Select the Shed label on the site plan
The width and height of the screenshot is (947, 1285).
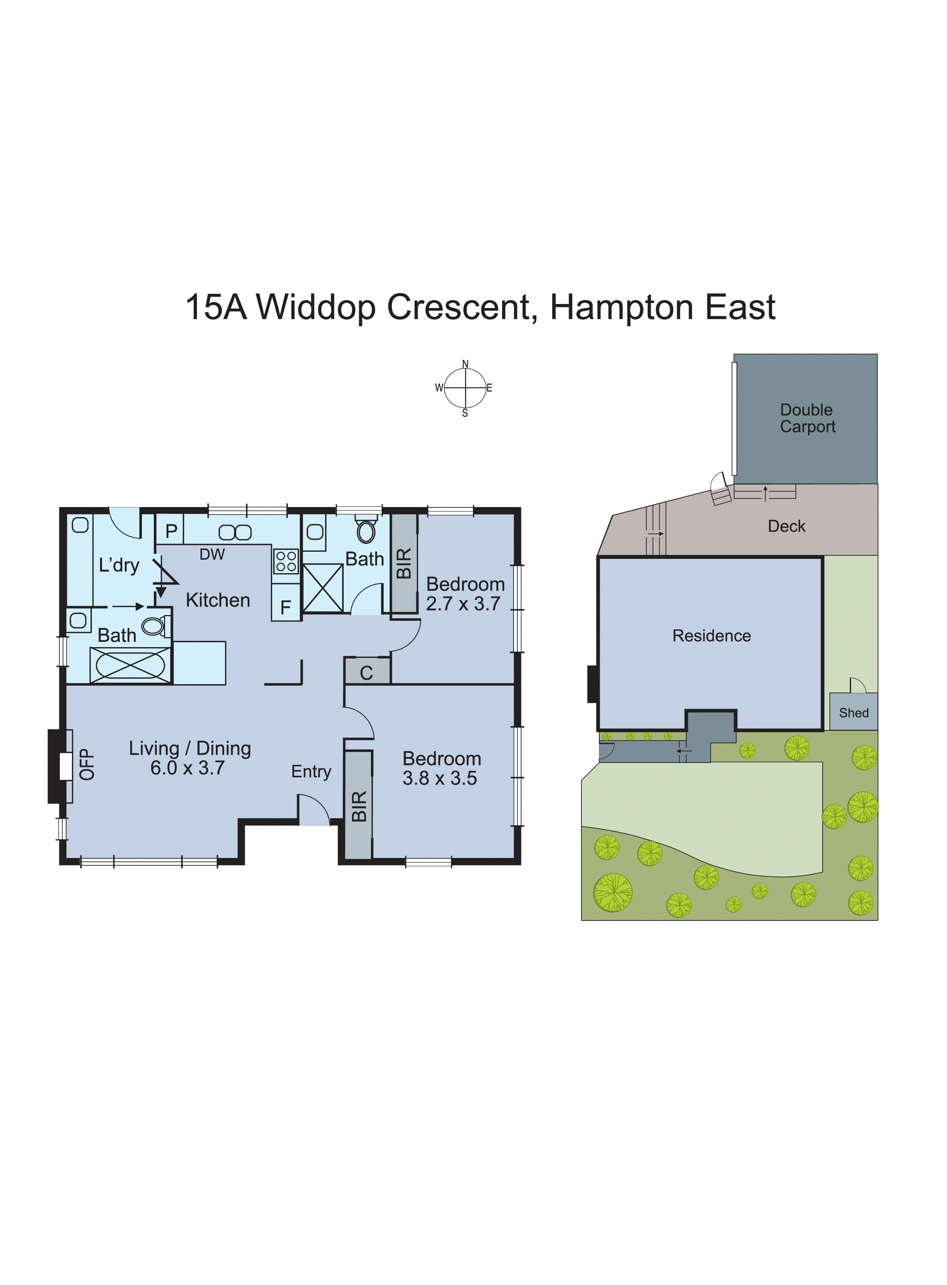point(854,713)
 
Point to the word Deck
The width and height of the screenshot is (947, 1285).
point(787,526)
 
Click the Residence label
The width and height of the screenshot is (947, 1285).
point(712,636)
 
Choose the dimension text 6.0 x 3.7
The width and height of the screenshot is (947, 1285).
point(188,768)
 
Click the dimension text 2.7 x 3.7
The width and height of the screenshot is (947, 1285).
point(463,604)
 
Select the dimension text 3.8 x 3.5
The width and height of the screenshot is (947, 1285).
point(440,778)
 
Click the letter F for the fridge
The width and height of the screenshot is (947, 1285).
point(286,607)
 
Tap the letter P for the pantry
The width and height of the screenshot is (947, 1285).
point(171,531)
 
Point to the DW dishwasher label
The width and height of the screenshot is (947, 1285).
point(212,554)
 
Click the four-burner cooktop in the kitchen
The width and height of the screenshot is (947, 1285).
point(286,561)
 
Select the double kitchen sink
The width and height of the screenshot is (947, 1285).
point(235,532)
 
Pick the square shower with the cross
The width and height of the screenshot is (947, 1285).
point(323,588)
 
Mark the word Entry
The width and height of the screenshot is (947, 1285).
point(311,772)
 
